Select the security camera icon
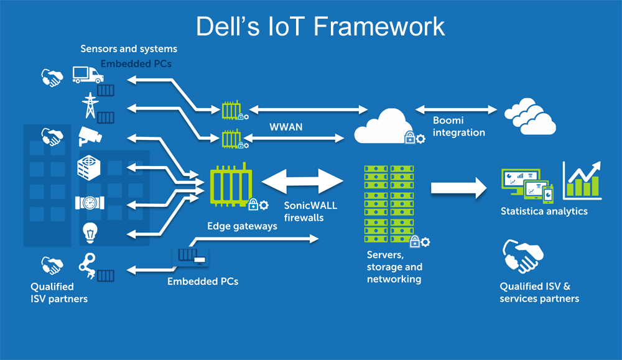click(x=89, y=136)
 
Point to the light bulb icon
click(x=88, y=233)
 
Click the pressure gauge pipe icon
click(x=88, y=203)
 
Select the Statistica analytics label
click(x=544, y=211)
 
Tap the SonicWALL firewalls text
click(x=310, y=211)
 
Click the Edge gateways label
click(x=243, y=226)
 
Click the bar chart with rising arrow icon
click(x=582, y=180)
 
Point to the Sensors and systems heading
click(x=129, y=48)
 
